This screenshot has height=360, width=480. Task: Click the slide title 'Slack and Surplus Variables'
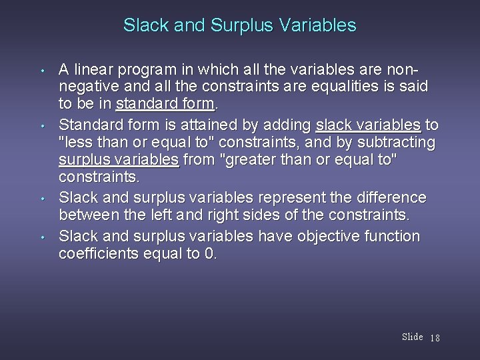pos(240,26)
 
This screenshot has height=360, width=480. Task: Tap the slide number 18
pos(435,338)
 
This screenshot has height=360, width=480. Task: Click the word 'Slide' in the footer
pos(413,337)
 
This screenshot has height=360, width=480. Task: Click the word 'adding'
pos(292,124)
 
